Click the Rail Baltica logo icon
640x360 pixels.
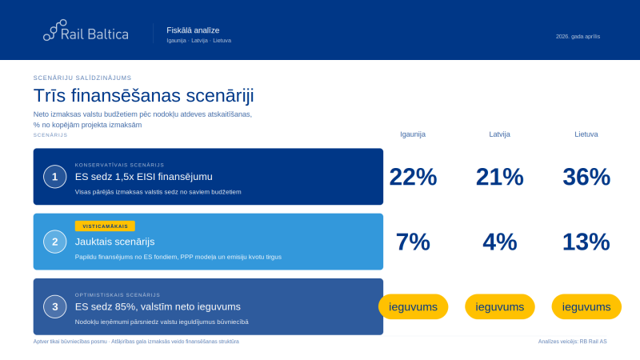(55, 30)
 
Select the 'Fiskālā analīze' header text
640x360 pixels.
(193, 30)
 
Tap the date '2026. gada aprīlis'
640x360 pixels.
(578, 36)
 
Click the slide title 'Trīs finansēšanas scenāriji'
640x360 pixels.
(143, 95)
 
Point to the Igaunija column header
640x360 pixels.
(413, 134)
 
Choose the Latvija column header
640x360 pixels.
(499, 134)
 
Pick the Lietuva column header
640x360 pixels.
(586, 134)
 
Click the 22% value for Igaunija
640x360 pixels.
(413, 177)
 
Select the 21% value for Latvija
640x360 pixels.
(499, 177)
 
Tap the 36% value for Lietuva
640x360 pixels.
(586, 177)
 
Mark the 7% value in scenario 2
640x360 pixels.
(413, 242)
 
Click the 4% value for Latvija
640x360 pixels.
(499, 242)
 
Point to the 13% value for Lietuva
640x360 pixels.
(586, 242)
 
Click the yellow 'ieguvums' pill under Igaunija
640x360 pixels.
(413, 306)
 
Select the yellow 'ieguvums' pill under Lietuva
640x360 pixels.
(586, 306)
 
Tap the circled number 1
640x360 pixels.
(54, 177)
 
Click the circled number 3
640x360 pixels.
(54, 306)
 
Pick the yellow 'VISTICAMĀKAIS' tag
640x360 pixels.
(105, 226)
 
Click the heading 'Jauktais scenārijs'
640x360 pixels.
(114, 241)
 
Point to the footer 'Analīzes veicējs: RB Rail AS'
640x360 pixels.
(572, 342)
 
